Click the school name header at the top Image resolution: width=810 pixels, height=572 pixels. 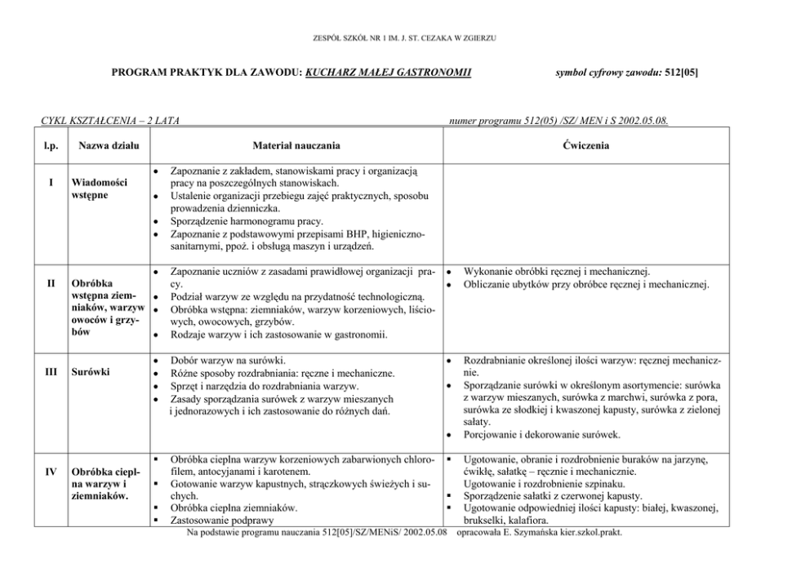(404, 38)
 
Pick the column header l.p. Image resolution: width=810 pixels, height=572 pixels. (51, 146)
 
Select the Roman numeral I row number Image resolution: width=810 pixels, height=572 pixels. (51, 182)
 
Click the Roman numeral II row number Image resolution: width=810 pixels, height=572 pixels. (51, 283)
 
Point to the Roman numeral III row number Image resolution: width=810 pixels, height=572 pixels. (51, 372)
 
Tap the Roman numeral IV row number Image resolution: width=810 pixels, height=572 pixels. (51, 471)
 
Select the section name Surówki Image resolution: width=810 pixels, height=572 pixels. (90, 372)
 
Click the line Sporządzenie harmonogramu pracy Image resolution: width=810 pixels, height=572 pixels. (247, 220)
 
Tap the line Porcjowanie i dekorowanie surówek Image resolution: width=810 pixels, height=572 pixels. (541, 434)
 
